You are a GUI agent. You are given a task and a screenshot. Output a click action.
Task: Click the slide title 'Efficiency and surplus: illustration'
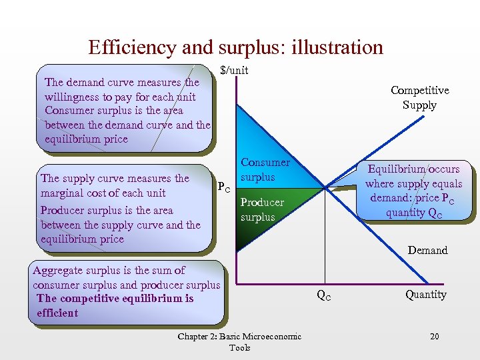(235, 47)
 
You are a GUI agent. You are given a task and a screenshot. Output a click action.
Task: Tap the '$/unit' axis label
(234, 70)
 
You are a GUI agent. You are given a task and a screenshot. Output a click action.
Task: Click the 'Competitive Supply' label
(419, 97)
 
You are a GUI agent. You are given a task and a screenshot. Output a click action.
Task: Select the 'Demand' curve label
(427, 250)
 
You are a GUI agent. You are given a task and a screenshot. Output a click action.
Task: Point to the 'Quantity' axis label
(426, 294)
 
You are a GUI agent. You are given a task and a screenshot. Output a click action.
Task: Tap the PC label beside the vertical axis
(224, 188)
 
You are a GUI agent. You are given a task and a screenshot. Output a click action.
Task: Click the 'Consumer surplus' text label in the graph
(265, 169)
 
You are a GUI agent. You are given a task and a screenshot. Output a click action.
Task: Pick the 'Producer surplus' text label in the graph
(261, 209)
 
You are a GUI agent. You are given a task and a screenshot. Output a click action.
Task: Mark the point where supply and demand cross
(325, 188)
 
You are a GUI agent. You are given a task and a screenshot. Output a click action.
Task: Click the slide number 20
(434, 336)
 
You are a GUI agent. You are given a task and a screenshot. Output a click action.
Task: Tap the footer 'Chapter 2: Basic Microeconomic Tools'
(239, 341)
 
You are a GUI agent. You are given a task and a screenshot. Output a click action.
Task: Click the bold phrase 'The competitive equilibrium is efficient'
(115, 305)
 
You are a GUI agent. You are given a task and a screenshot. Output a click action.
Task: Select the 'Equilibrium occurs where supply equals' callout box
(413, 191)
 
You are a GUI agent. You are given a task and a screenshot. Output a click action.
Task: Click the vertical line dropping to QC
(325, 240)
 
